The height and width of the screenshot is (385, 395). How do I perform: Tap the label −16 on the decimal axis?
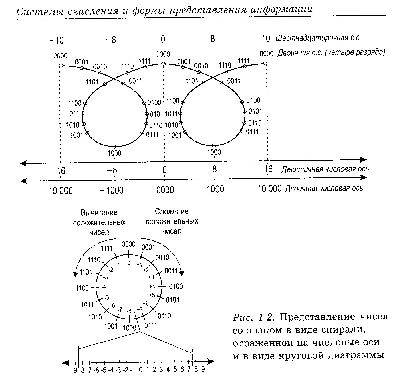pos(58,171)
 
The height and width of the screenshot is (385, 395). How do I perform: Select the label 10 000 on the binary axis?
pos(269,189)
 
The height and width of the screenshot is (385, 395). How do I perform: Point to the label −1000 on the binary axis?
pos(112,190)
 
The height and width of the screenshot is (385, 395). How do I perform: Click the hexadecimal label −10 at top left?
pos(57,40)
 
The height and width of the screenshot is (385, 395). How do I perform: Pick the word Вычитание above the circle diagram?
pos(99,213)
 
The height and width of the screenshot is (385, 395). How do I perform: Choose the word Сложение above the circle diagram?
pos(172,212)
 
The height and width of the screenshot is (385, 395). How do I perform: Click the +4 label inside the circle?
pos(152,286)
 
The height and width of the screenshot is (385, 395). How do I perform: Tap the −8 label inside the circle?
pos(129,311)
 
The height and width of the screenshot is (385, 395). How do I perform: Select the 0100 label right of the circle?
pos(176,286)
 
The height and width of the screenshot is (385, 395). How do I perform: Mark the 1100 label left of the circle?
pos(82,288)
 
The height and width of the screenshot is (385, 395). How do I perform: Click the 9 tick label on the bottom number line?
pos(203,370)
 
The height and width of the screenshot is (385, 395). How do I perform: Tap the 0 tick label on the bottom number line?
pos(140,370)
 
